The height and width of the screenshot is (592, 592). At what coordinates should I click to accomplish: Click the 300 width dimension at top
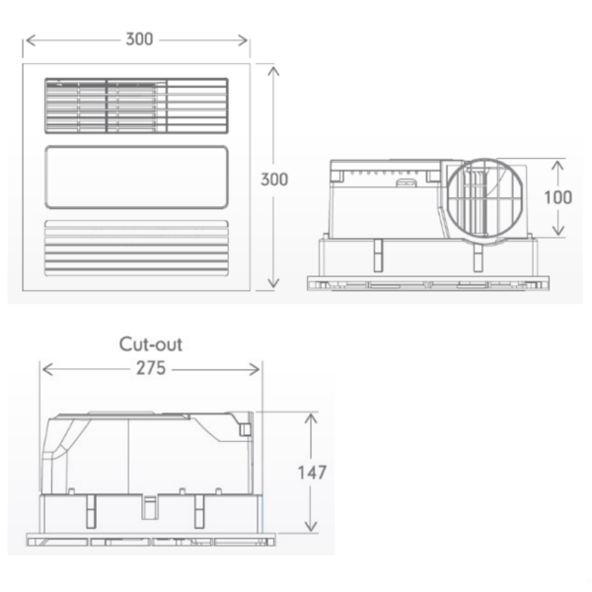click(x=139, y=40)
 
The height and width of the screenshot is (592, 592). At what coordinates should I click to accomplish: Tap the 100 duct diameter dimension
click(x=557, y=196)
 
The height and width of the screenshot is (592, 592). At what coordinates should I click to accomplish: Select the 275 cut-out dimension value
click(x=150, y=368)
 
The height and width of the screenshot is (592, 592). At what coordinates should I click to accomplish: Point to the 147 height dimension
click(x=312, y=472)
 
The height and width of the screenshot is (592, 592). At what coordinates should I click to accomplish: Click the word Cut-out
click(x=151, y=344)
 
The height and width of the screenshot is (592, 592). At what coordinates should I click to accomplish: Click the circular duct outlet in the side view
click(x=485, y=197)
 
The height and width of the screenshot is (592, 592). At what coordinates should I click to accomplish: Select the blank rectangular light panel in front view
click(x=137, y=177)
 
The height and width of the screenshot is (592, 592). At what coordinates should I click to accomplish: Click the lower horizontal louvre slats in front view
click(x=137, y=246)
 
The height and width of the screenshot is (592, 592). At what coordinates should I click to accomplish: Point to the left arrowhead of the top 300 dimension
click(x=27, y=40)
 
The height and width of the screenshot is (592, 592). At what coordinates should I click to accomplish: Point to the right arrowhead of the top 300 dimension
click(x=248, y=40)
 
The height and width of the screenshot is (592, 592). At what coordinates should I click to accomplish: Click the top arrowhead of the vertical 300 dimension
click(x=273, y=68)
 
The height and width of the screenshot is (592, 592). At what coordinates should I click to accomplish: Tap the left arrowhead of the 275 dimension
click(x=43, y=368)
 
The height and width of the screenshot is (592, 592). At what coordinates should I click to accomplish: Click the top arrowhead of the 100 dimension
click(x=557, y=160)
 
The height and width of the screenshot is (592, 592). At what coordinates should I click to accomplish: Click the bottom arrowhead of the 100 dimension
click(x=557, y=234)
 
